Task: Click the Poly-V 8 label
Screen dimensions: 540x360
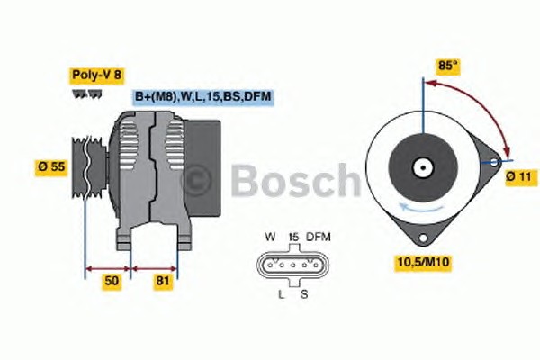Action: pos(96,76)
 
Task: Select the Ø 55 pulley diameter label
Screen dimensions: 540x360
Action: pos(51,167)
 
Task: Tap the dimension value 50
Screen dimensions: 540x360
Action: pos(112,281)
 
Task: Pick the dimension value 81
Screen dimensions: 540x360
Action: pos(163,281)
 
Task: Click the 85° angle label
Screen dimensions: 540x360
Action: pos(447,66)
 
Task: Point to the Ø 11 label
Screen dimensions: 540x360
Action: pos(521,177)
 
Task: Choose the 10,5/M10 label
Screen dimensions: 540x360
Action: pos(423,262)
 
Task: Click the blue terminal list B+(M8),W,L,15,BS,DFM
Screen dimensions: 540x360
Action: pos(203,97)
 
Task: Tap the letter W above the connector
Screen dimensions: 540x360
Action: pos(270,237)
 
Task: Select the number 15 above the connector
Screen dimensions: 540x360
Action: pos(293,237)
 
